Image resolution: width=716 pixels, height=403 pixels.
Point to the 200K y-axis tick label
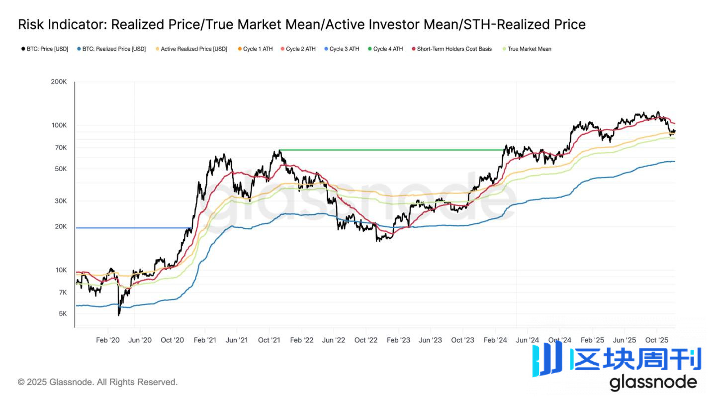[x=59, y=82]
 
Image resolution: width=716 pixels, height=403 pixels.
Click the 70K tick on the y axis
[x=60, y=148]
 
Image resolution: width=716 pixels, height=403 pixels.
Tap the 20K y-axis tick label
[x=60, y=226]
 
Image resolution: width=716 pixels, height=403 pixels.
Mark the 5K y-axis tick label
[x=62, y=314]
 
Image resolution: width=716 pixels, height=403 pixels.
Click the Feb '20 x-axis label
[x=108, y=340]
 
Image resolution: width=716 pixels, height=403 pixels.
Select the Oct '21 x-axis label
[x=269, y=340]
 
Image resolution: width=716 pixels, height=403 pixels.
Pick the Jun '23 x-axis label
[x=430, y=340]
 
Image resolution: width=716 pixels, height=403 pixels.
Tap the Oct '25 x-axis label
[x=656, y=340]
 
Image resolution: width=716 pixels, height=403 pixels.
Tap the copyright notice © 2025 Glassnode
[x=97, y=382]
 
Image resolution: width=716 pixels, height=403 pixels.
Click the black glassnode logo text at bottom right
[x=653, y=382]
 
